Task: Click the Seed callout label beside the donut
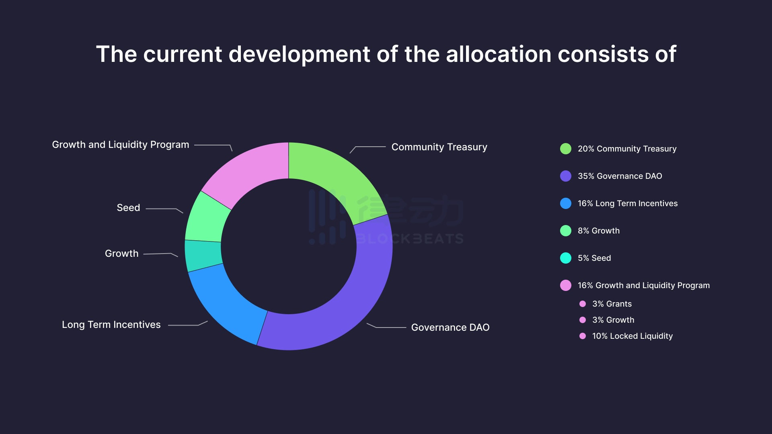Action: tap(128, 208)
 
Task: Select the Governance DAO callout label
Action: tap(450, 328)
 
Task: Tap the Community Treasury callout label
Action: tap(439, 147)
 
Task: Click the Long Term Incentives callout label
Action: tap(111, 325)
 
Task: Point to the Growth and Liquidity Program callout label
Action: tap(120, 145)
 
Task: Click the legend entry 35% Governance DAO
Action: tap(620, 176)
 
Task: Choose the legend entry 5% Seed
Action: tap(594, 258)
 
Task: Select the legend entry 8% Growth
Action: tap(598, 231)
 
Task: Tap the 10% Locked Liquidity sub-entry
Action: tap(632, 336)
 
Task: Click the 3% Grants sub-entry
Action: tap(612, 304)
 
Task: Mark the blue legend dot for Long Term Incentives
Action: tap(566, 203)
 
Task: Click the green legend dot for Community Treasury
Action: tap(566, 149)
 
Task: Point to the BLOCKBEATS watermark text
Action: tap(410, 239)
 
